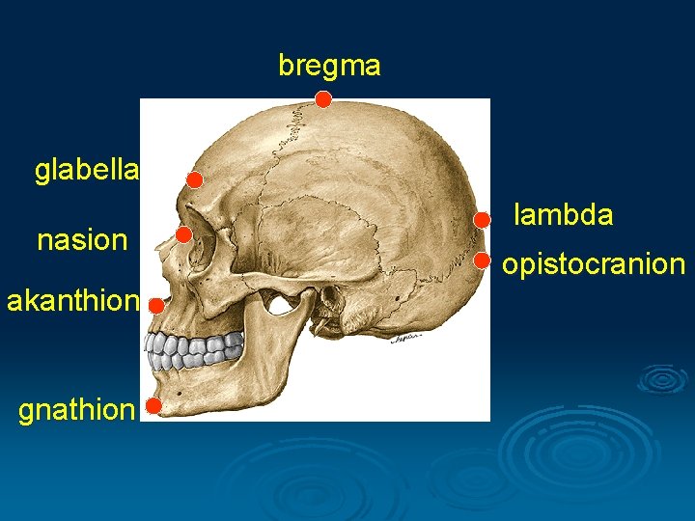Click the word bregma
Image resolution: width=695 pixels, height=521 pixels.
[x=329, y=66]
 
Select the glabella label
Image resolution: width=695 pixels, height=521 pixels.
[x=87, y=171]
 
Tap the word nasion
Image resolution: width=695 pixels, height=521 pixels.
[x=82, y=239]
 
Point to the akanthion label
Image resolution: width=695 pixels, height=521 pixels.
[x=72, y=301]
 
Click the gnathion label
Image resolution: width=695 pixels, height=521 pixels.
[x=76, y=410]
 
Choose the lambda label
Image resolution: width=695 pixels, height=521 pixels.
[x=563, y=214]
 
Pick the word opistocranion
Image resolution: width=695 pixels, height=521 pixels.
[x=593, y=263]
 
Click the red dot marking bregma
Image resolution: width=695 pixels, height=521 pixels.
[x=323, y=99]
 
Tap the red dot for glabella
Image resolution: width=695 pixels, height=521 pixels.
[x=194, y=180]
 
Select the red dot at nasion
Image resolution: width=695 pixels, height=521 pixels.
[x=183, y=234]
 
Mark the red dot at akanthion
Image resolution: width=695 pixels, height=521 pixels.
[x=156, y=305]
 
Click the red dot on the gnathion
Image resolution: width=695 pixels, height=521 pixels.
[x=153, y=406]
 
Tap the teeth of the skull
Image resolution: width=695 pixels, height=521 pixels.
[x=193, y=350]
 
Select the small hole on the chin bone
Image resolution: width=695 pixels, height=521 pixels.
[x=181, y=382]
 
